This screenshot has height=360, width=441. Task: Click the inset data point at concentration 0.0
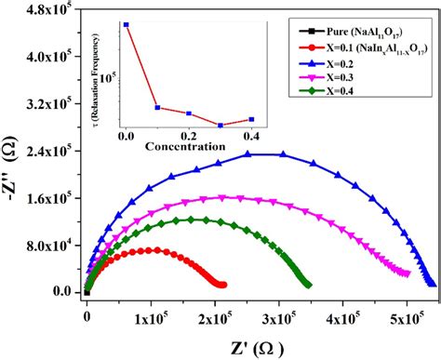tap(127, 25)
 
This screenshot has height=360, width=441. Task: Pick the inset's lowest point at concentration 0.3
tap(220, 125)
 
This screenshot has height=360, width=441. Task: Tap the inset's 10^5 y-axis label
tap(114, 78)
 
